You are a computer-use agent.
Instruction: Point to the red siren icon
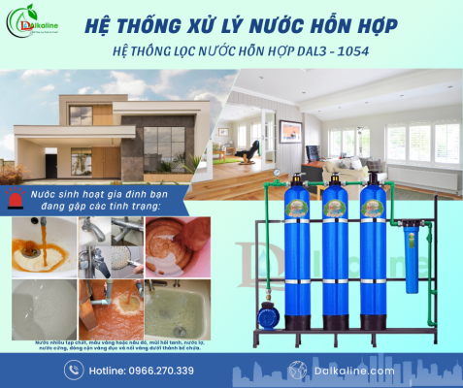[x=14, y=199]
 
